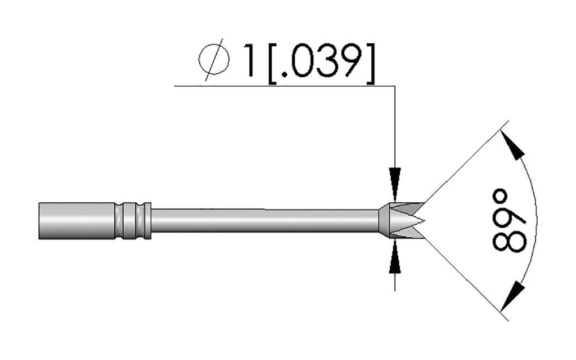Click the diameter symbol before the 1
coord(214,59)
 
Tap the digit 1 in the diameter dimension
coord(249,61)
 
